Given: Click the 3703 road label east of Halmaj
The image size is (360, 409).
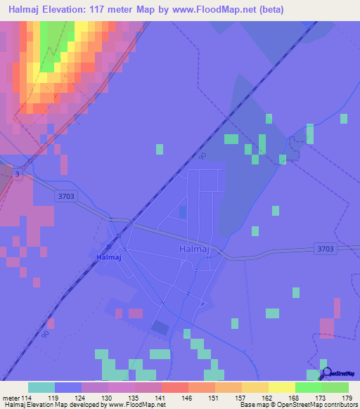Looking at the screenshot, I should (x=325, y=249).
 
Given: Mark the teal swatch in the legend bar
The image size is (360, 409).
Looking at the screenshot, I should (x=41, y=387).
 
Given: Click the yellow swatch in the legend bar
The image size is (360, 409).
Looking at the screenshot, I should (x=282, y=387).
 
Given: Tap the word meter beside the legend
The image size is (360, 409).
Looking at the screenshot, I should (x=11, y=397).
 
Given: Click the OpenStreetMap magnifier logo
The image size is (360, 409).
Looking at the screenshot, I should (x=327, y=373).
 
